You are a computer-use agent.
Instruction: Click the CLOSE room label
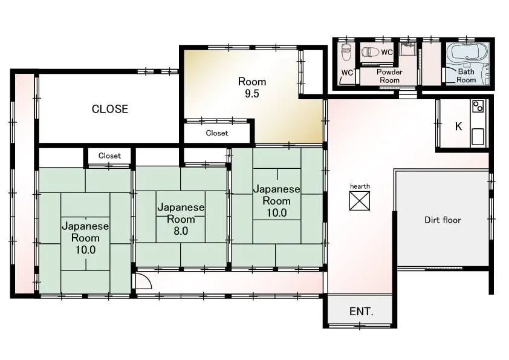point(110,109)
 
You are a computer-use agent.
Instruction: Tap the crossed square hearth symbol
point(359,201)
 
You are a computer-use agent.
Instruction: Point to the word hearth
point(360,186)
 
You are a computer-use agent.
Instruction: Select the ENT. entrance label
point(361,312)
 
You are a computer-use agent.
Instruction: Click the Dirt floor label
point(443,220)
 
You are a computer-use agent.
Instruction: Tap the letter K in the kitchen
point(458,126)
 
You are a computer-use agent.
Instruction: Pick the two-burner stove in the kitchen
point(478,106)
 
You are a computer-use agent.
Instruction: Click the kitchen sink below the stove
point(478,137)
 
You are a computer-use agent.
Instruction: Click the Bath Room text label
point(466,76)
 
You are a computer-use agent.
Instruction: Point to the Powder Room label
point(389,76)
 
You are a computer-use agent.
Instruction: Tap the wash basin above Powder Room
point(407,49)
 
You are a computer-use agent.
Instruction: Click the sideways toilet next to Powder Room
point(371,52)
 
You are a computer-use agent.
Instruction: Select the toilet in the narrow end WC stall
point(346,52)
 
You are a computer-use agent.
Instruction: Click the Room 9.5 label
point(252,87)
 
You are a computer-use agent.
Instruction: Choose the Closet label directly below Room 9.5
point(217,133)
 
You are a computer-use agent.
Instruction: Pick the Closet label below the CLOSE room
point(109,155)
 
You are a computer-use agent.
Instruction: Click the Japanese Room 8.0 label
point(181,219)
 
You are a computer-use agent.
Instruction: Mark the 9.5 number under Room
point(252,94)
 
